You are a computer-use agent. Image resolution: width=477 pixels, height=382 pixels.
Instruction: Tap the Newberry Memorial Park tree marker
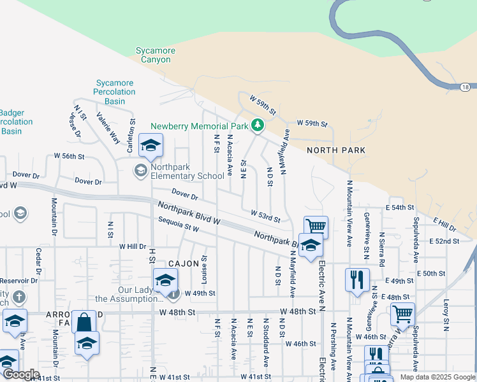pos(258,125)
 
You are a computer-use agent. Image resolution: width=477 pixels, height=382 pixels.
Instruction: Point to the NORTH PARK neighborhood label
pos(336,150)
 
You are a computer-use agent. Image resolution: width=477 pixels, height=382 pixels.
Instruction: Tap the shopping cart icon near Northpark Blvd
pos(316,226)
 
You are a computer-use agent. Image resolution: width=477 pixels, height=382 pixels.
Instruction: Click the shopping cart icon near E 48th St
pos(402,313)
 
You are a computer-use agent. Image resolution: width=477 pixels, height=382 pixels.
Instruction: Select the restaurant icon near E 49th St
pos(357,278)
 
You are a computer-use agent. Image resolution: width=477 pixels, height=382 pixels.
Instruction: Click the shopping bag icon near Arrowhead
pos(84,322)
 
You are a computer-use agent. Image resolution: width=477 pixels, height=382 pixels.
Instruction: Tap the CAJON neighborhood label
pos(185,263)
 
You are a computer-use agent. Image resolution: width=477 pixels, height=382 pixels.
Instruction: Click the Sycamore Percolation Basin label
pos(115,92)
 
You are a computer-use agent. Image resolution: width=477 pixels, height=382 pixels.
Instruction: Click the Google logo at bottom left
pos(20,374)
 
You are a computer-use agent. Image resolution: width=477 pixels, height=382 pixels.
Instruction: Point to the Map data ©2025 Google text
pos(437,377)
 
